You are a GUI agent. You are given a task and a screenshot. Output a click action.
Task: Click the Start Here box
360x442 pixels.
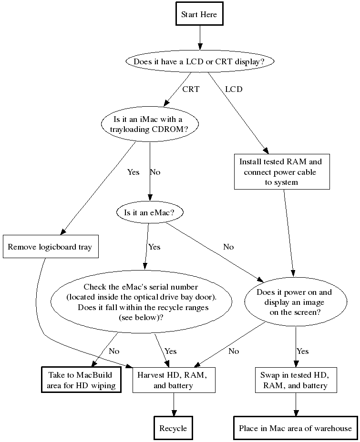coord(199,14)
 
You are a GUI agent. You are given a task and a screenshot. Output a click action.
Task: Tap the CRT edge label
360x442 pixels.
coord(191,89)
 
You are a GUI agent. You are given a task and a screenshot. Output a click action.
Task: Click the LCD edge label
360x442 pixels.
coord(234,89)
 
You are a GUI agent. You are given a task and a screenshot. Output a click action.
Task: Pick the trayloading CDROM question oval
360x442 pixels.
coord(149,123)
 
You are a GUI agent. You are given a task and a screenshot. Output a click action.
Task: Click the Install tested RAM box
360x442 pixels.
coord(281,171)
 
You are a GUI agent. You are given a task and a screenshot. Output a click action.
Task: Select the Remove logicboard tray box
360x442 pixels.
coord(50,247)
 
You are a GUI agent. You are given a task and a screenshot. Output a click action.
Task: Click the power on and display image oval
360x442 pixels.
coord(295,302)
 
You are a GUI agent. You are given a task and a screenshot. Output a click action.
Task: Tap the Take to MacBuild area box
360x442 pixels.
coord(81,380)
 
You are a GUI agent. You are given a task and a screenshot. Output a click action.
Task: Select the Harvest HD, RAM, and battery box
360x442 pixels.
coord(173,380)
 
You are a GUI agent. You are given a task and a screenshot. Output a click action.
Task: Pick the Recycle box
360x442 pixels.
coord(173,428)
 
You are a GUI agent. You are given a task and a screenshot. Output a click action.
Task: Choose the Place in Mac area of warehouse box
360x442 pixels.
coord(295,428)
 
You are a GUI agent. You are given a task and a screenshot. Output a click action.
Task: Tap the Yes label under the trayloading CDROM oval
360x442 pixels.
coord(134,172)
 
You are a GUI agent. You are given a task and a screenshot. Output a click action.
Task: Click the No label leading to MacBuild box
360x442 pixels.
coord(114,351)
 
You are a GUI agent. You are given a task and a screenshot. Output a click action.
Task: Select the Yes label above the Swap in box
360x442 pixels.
coord(303,351)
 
